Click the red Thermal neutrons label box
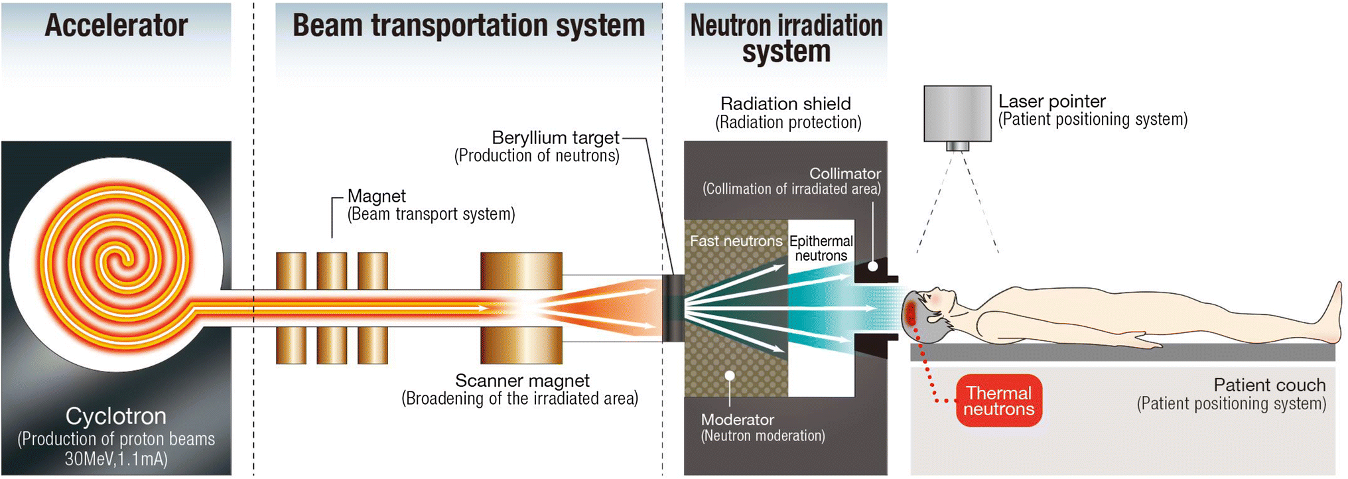998,401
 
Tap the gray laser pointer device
957,113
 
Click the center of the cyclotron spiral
119,262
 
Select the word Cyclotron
116,416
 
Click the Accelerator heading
116,26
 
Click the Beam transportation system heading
468,26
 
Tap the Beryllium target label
555,138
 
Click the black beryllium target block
673,308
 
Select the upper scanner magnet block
521,271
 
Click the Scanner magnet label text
522,381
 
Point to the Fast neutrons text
736,241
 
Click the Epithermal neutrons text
821,248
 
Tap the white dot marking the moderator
730,376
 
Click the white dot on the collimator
873,266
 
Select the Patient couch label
1269,385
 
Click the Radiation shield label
785,104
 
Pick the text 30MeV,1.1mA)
116,458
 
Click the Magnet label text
376,196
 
